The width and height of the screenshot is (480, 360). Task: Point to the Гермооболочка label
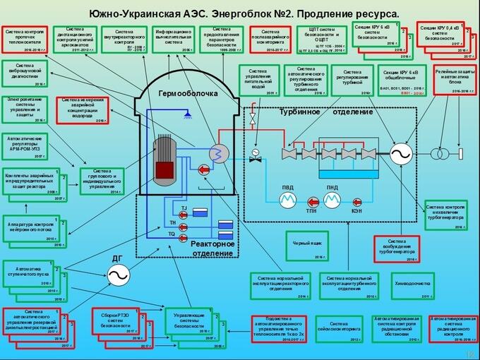pos(188,93)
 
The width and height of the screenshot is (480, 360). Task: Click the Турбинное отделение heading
pos(325,112)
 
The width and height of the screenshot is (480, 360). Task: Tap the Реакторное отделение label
pos(212,248)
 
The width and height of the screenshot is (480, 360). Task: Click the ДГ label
pos(116,258)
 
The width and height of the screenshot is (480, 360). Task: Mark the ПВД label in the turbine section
pos(287,188)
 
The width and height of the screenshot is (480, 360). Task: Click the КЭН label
pos(356,211)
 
